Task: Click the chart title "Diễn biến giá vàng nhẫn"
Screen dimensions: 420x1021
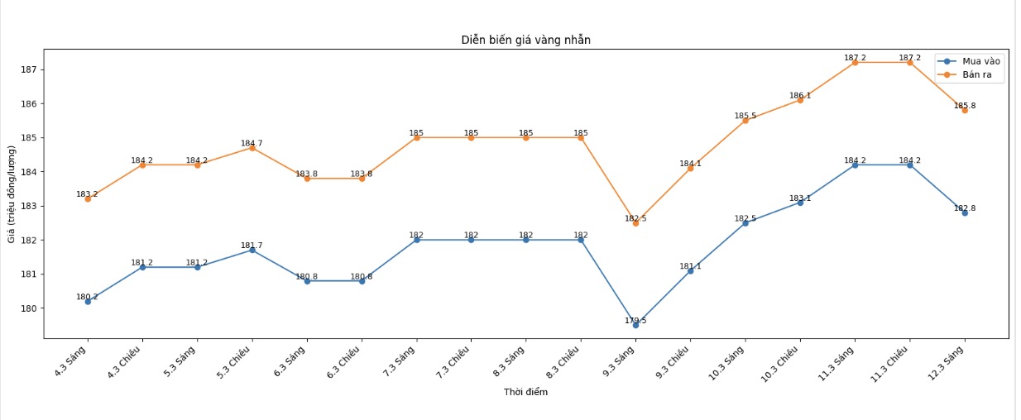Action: pyautogui.click(x=525, y=40)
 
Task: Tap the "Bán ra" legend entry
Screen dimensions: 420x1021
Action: pyautogui.click(x=978, y=75)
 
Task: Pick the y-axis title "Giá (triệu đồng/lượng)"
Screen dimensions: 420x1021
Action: pyautogui.click(x=12, y=193)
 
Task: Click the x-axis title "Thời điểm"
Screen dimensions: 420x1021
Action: pyautogui.click(x=525, y=392)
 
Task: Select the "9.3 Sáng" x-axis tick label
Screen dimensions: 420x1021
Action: pyautogui.click(x=620, y=360)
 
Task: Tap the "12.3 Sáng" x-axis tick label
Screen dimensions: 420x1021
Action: pyautogui.click(x=948, y=361)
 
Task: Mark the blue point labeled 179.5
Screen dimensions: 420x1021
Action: pyautogui.click(x=635, y=325)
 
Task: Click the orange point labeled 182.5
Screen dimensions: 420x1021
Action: pyautogui.click(x=635, y=223)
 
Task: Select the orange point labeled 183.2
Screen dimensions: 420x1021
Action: pyautogui.click(x=88, y=198)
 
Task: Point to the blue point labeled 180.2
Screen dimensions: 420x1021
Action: pyautogui.click(x=88, y=301)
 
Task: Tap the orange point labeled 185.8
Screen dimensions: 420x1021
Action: pyautogui.click(x=965, y=110)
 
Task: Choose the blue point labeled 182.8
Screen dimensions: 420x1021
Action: pyautogui.click(x=965, y=212)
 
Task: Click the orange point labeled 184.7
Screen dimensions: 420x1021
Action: pyautogui.click(x=252, y=147)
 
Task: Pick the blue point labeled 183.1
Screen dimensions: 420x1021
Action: pyautogui.click(x=800, y=203)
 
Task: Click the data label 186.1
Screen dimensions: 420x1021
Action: pyautogui.click(x=800, y=96)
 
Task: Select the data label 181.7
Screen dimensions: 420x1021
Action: pyautogui.click(x=252, y=246)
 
